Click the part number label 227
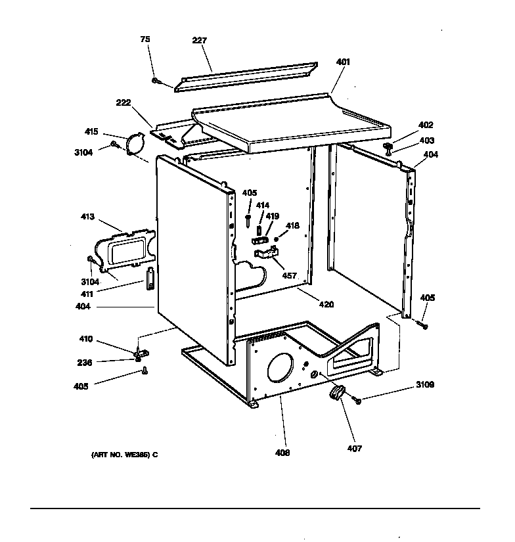(200, 41)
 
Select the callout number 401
(343, 62)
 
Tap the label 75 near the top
(145, 39)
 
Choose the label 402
(426, 125)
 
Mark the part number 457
(290, 276)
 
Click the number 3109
(424, 385)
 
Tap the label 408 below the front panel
(283, 453)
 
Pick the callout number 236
(85, 362)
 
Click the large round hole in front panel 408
(281, 369)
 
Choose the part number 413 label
(87, 217)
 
